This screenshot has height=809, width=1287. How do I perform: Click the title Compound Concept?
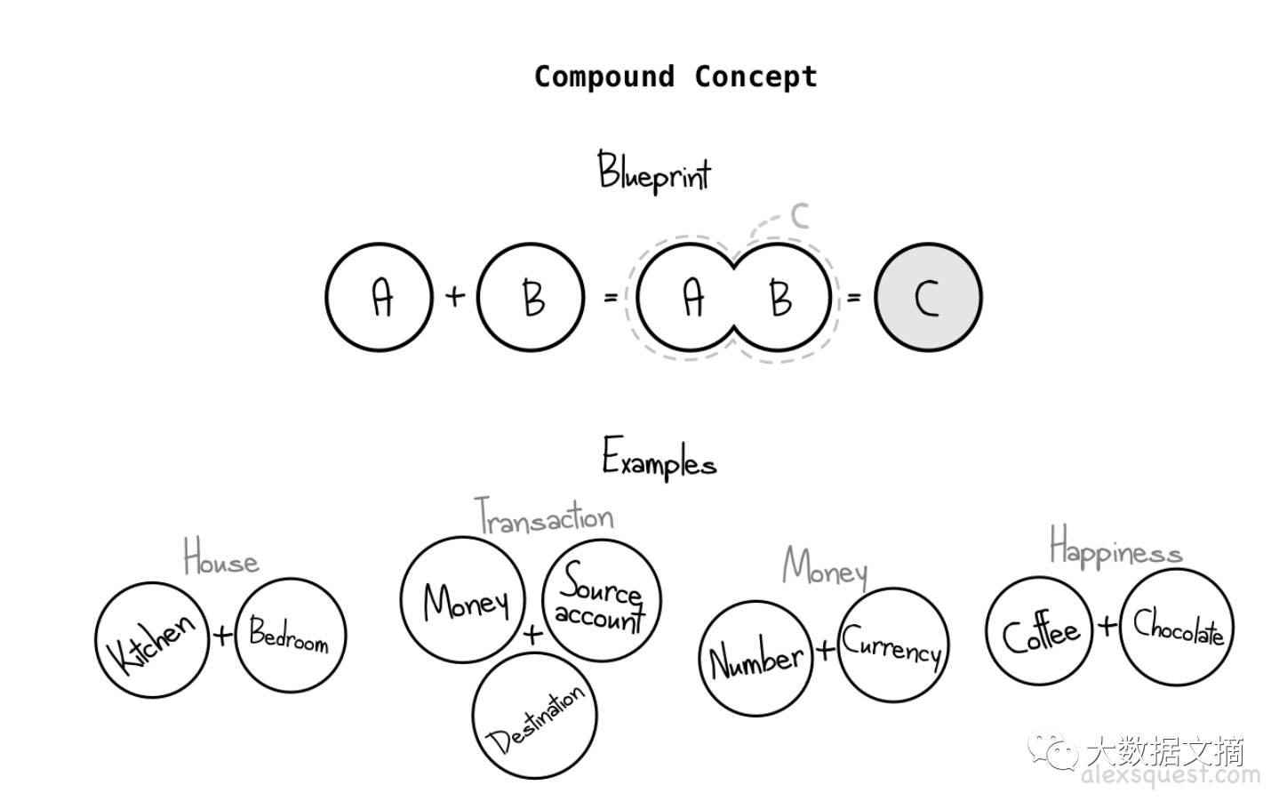(x=675, y=76)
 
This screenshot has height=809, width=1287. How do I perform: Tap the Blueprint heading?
(x=654, y=172)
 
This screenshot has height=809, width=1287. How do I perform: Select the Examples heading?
(x=659, y=459)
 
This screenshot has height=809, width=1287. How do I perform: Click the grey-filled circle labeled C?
(x=928, y=297)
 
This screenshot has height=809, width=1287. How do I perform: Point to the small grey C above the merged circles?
(x=799, y=215)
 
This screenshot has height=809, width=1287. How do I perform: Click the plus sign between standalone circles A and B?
(x=454, y=295)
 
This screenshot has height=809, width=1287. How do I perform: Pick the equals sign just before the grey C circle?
(x=853, y=297)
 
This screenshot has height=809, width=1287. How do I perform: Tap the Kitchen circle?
(x=152, y=638)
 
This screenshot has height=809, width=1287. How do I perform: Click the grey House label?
(x=220, y=558)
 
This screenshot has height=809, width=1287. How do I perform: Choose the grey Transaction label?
(x=544, y=516)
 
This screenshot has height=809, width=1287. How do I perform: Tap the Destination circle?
(x=534, y=717)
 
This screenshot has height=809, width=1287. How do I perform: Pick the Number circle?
(x=755, y=659)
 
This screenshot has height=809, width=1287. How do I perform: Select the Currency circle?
(x=892, y=645)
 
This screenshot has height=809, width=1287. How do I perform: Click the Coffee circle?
(x=1042, y=633)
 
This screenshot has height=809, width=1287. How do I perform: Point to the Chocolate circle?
(x=1177, y=628)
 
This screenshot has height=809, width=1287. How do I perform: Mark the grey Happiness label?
(x=1115, y=548)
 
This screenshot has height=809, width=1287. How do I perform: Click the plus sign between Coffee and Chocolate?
(x=1107, y=626)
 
